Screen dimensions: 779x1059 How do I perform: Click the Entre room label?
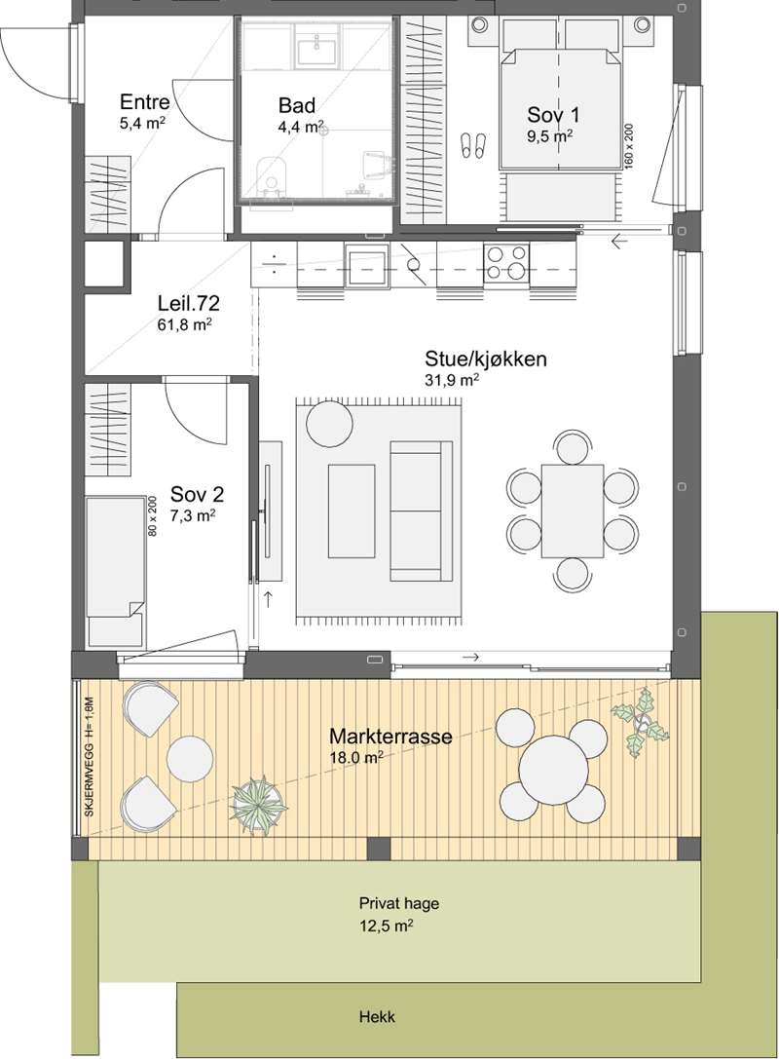pos(144,102)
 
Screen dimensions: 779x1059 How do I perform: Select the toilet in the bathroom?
pos(272,177)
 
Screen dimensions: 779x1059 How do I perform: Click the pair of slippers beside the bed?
pos(472,145)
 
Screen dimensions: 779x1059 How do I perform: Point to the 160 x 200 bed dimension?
pos(628,145)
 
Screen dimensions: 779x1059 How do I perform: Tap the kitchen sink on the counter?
pos(366,265)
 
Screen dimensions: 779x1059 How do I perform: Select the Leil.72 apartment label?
pos(188,304)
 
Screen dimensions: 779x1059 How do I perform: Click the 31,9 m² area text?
pos(452,380)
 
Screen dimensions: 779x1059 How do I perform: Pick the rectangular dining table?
pos(573,511)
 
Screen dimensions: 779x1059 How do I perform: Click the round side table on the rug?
pos(329,424)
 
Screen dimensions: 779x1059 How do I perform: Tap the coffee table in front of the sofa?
pos(352,511)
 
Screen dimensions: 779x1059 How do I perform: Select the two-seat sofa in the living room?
pos(422,511)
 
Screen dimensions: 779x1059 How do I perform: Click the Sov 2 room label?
pos(197,494)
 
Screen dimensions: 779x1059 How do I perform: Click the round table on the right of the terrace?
pos(553,770)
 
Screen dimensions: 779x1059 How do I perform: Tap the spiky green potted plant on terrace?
pos(259,804)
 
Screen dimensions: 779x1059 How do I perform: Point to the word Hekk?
pos(378,1016)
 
